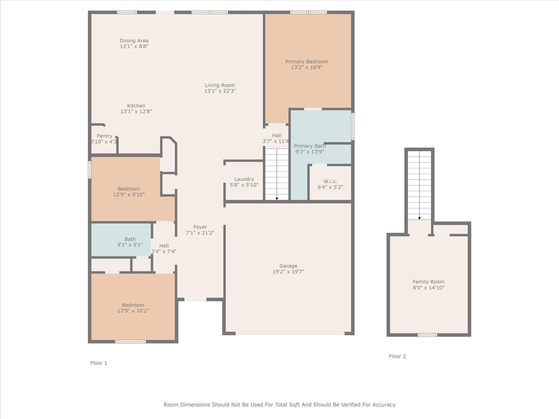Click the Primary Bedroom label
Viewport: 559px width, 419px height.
307,62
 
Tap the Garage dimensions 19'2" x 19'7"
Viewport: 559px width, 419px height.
288,271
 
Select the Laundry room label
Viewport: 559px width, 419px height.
244,179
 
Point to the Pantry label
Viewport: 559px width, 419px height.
105,136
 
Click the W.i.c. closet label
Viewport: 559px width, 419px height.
330,181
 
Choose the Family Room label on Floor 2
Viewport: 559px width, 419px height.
429,282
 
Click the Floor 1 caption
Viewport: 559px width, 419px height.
99,363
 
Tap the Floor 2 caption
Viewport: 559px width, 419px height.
397,356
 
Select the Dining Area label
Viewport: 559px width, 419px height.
134,41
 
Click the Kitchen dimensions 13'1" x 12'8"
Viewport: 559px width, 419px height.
136,111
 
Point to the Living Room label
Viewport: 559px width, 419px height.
220,85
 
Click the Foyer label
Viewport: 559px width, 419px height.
200,227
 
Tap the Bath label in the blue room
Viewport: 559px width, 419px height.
130,239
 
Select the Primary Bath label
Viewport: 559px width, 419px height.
310,146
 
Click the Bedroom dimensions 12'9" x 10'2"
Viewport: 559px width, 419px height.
133,311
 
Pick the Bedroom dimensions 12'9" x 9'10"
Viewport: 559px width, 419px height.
129,194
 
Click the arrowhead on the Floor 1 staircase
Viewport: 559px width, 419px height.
277,199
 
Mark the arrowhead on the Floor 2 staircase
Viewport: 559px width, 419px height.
420,218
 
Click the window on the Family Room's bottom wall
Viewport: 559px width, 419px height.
427,335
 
